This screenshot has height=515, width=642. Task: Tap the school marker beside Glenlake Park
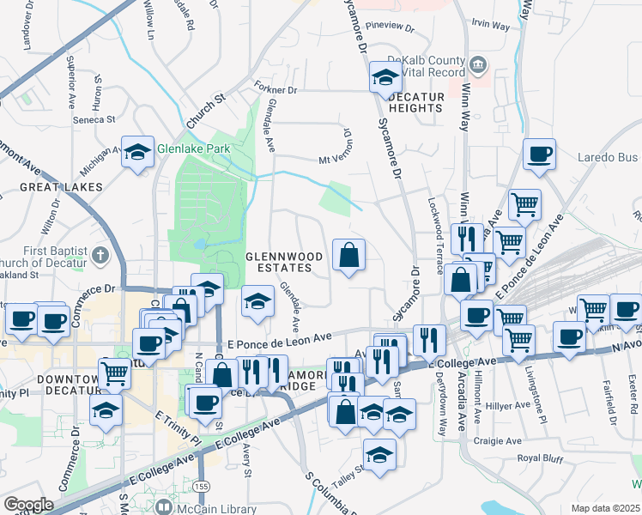[136, 154]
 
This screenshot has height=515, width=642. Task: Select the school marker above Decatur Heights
[385, 78]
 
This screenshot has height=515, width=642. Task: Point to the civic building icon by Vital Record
[479, 63]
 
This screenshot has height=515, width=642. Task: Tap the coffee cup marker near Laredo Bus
[539, 154]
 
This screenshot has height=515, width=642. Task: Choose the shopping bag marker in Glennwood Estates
[348, 255]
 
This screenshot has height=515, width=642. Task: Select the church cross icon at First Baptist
[100, 255]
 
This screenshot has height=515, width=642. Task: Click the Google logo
[28, 505]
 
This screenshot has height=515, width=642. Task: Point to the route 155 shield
[201, 486]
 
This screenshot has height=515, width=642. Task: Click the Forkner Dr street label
[276, 88]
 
